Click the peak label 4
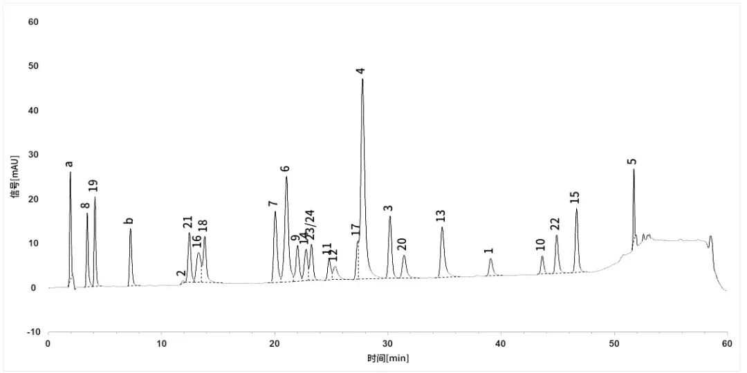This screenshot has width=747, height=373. (x=360, y=71)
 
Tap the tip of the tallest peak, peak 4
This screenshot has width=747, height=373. (x=362, y=79)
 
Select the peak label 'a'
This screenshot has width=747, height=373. (x=68, y=164)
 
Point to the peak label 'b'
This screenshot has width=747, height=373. (x=129, y=221)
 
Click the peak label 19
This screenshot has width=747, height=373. (x=93, y=186)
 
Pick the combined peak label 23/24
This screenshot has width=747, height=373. (x=310, y=224)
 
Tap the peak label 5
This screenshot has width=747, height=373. (x=631, y=162)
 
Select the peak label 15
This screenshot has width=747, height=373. (x=575, y=198)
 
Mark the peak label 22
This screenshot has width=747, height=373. (x=555, y=224)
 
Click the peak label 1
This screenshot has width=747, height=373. (x=488, y=251)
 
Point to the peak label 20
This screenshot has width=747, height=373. (x=402, y=244)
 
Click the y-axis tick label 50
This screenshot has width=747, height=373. (x=33, y=66)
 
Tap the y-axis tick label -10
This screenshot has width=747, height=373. (x=32, y=332)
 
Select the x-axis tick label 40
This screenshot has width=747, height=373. (x=501, y=343)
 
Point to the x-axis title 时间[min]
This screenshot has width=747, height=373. (x=387, y=358)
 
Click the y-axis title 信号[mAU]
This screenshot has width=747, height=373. (x=15, y=177)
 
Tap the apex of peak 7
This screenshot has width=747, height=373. (x=275, y=212)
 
